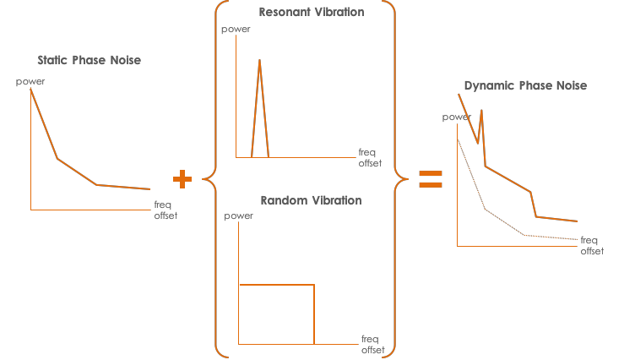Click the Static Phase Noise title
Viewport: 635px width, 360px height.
point(90,60)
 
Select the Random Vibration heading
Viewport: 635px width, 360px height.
point(311,201)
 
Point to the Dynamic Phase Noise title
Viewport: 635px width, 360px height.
point(525,85)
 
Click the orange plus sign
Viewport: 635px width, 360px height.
point(182,178)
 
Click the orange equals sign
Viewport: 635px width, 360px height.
point(431,178)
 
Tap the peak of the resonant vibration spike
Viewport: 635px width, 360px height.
point(259,60)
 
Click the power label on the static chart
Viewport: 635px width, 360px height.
point(30,81)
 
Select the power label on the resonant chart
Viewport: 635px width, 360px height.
point(235,30)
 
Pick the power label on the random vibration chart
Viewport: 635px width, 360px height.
point(239,215)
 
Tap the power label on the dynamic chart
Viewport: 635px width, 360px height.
point(457,117)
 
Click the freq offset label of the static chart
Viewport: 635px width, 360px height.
point(166,210)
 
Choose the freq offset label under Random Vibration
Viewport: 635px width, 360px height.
point(372,345)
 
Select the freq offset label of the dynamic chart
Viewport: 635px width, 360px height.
point(592,246)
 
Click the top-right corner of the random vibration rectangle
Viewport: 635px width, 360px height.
point(314,286)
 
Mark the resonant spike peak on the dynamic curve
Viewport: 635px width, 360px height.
point(481,110)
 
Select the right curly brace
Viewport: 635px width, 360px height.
point(393,178)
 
